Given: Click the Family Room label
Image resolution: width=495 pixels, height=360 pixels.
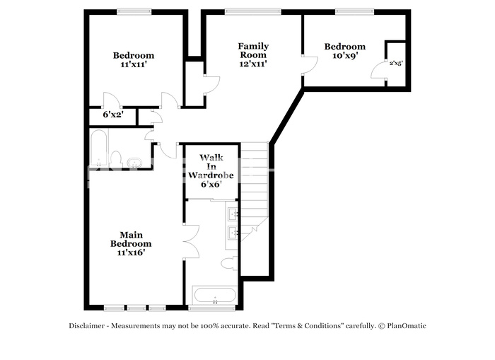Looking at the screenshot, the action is (x=253, y=50).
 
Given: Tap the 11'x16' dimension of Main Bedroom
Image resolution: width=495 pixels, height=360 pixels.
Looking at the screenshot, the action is (x=131, y=252).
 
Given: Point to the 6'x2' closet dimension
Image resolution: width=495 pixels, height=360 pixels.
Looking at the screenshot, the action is (x=113, y=115).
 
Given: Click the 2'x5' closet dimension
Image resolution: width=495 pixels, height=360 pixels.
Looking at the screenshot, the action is (x=396, y=63).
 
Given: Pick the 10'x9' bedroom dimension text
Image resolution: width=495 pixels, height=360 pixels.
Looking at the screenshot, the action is (x=345, y=56).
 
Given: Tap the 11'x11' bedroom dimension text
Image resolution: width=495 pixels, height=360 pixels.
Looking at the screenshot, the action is (x=134, y=64).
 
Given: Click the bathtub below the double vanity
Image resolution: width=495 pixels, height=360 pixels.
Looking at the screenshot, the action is (x=215, y=296).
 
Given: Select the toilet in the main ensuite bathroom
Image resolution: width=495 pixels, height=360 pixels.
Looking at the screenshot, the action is (x=230, y=263).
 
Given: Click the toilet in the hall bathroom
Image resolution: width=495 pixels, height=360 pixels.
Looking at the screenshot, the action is (x=117, y=159).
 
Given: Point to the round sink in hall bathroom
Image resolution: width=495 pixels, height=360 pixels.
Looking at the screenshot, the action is (x=134, y=163).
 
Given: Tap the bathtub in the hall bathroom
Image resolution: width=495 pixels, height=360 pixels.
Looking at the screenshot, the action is (x=98, y=148).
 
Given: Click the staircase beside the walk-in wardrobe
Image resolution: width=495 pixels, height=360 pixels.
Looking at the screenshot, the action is (x=255, y=192).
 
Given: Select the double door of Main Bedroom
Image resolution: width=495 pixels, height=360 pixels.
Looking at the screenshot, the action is (x=192, y=242).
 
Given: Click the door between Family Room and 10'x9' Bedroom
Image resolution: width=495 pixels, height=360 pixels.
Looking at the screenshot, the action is (x=310, y=65).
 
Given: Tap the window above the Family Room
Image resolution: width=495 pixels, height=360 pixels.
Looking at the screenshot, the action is (x=253, y=12).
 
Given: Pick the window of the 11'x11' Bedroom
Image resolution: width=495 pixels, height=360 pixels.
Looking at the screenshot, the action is (x=134, y=12).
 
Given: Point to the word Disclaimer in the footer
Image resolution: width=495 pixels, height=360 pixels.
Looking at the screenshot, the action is (x=86, y=326).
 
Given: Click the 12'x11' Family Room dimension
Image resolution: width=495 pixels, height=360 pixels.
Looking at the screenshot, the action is (x=253, y=64).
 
